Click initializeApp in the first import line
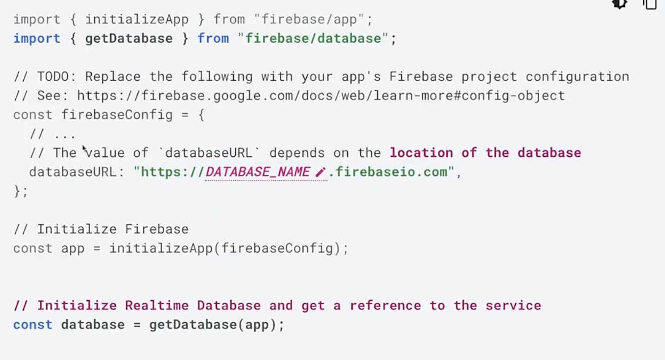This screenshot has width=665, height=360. click(x=137, y=20)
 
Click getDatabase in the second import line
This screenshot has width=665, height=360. click(x=129, y=39)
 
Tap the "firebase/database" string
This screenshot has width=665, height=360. click(x=313, y=39)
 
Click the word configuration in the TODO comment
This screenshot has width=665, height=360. click(x=577, y=77)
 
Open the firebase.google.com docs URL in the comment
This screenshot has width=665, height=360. click(x=321, y=96)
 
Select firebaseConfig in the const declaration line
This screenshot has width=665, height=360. click(x=117, y=115)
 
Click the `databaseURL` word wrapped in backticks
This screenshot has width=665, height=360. click(x=209, y=153)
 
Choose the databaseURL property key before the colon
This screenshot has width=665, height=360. click(x=72, y=172)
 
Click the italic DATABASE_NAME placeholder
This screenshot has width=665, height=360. click(x=257, y=172)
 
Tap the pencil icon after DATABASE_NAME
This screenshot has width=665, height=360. click(x=320, y=172)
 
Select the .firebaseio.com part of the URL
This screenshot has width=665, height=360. click(x=388, y=172)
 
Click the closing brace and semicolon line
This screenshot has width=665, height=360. click(x=21, y=191)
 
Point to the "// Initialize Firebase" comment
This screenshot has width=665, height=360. click(x=101, y=229)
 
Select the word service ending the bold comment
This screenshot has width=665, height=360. click(x=513, y=305)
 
